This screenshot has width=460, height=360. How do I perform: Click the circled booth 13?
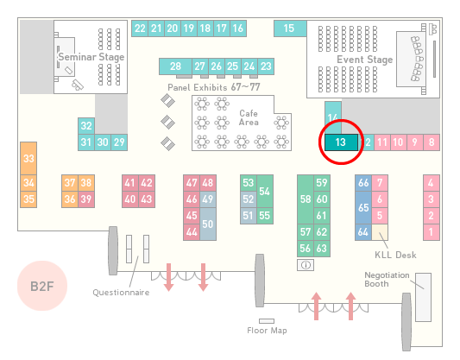(x=341, y=142)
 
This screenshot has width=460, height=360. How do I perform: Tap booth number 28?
(x=175, y=66)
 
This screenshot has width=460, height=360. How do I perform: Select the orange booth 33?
(x=28, y=159)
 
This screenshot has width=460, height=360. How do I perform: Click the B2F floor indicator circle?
(x=42, y=286)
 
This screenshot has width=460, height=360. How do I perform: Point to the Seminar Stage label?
(x=91, y=57)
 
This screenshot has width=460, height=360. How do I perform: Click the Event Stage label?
(x=365, y=60)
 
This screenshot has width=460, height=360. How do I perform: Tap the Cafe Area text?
(x=249, y=117)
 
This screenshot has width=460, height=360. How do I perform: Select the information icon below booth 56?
(x=306, y=265)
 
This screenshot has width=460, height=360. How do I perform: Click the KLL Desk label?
(x=395, y=255)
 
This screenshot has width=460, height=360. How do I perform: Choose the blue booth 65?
(x=363, y=207)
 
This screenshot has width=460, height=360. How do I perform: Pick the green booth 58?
(x=306, y=199)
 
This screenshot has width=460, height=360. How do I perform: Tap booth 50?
(x=208, y=224)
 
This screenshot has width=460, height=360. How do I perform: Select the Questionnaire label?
(x=121, y=293)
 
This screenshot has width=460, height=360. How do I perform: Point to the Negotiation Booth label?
(x=387, y=280)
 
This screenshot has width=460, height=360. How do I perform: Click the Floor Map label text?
(x=267, y=331)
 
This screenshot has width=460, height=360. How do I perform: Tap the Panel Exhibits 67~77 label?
(x=214, y=87)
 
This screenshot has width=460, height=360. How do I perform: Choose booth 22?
(x=140, y=28)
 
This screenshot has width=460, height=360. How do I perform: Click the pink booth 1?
(x=432, y=232)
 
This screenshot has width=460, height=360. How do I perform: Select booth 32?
(x=86, y=126)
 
